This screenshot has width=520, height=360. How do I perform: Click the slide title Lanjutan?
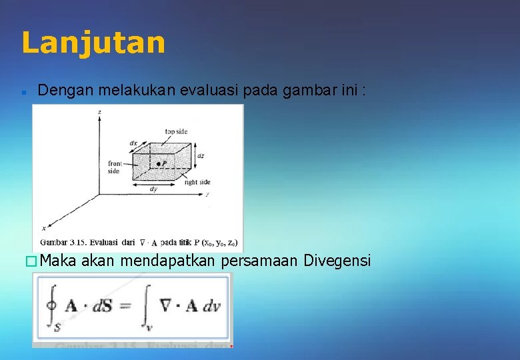93,43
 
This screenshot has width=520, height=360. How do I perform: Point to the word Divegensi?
337,260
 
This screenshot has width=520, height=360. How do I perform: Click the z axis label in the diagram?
100,113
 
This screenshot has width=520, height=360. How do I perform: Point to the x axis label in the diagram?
44,227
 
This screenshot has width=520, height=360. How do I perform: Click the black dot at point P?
157,163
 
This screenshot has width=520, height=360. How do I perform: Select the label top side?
176,131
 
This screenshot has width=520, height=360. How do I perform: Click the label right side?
197,182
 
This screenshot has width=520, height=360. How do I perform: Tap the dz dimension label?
201,156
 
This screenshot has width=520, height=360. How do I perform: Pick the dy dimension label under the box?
154,189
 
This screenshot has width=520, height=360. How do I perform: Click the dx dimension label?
133,143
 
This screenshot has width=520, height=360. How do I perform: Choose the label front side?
114,167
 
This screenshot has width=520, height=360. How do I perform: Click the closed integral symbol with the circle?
50,305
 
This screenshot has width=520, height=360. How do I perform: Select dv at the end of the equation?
212,306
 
